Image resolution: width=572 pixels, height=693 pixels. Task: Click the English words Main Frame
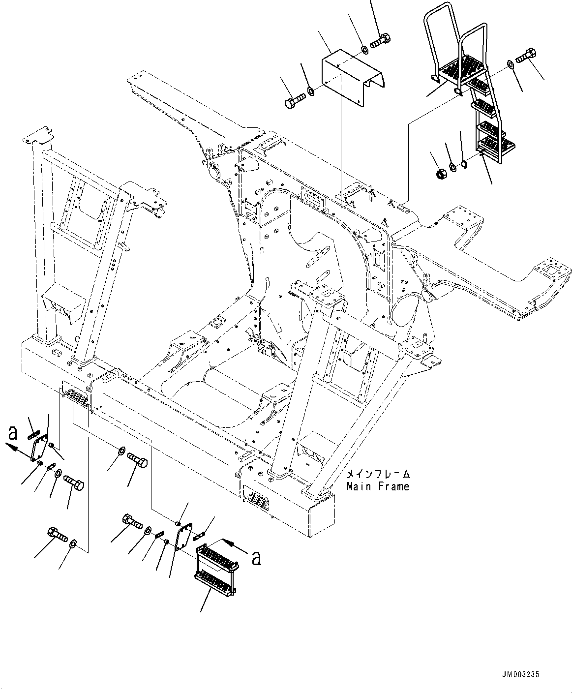coord(377,486)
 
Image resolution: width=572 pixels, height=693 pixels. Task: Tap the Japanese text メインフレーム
coord(378,475)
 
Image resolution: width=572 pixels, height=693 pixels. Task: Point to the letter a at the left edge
coord(13,433)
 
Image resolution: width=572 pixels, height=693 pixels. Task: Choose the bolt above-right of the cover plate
coord(379,41)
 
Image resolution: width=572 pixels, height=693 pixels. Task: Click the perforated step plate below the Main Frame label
coord(255,499)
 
